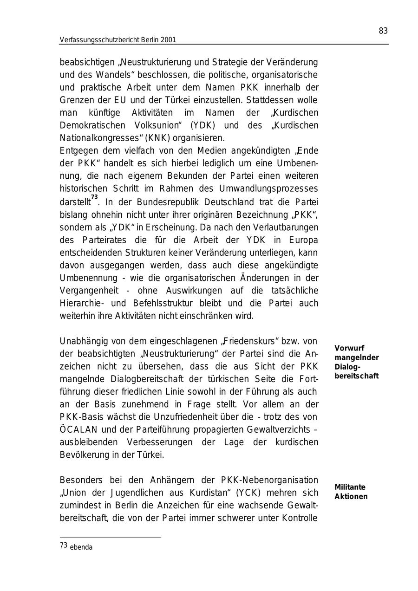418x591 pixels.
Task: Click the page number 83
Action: [383, 31]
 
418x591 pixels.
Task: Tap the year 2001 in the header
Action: [168, 40]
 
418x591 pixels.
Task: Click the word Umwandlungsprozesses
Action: [273, 188]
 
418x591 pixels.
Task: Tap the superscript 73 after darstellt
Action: [94, 198]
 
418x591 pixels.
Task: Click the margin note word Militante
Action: [350, 487]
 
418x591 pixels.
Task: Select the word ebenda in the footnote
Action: [81, 547]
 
